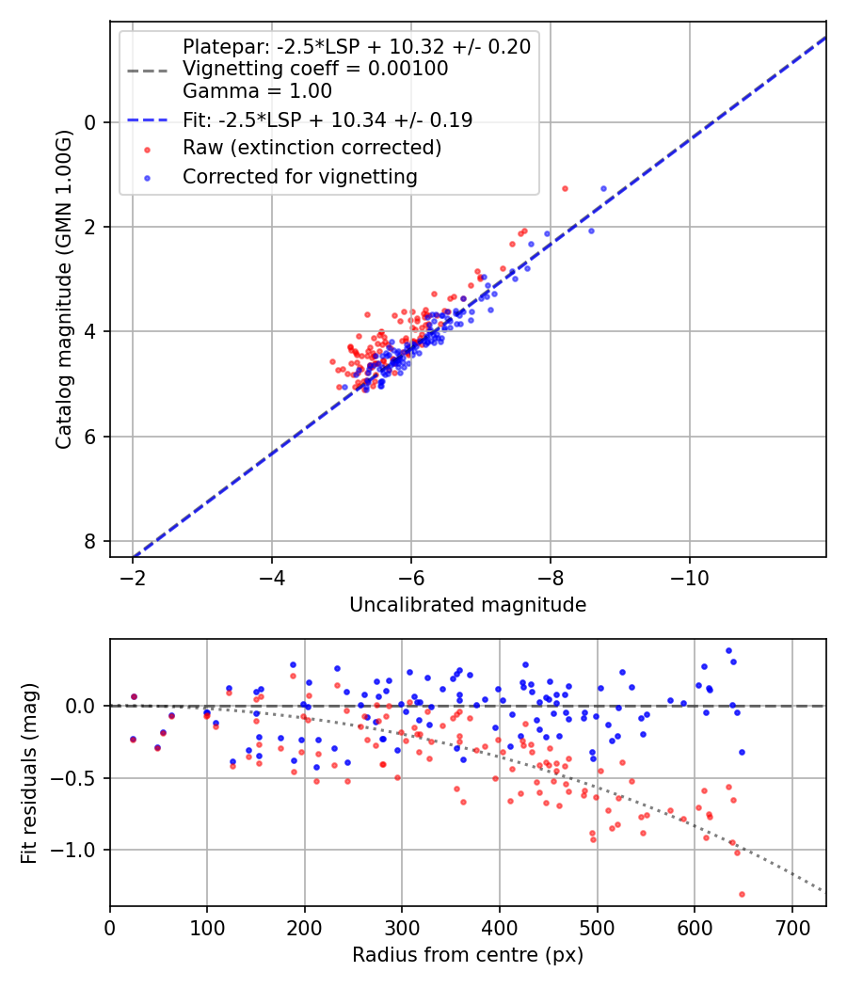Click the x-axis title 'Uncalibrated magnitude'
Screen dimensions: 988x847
468,605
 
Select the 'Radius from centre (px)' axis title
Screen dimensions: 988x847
468,955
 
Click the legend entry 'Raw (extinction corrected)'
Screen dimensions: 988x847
312,148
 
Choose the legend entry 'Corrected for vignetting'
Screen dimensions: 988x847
300,177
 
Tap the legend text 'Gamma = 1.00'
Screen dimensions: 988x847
257,91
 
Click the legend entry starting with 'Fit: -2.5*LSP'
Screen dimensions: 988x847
328,120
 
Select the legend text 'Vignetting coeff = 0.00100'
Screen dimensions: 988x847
315,69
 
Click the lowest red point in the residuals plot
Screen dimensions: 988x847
742,894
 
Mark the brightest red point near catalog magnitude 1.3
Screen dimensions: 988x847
565,188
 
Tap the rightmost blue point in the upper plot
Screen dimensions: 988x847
603,188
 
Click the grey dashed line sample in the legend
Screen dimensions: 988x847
148,70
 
